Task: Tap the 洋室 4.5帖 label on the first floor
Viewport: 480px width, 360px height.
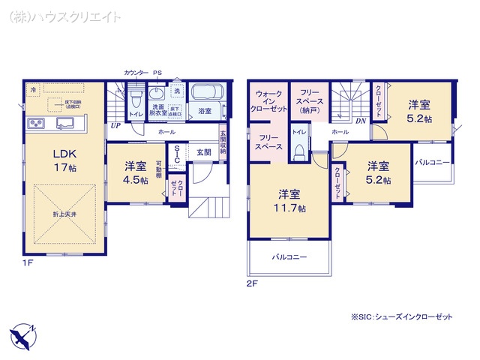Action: pos(135,172)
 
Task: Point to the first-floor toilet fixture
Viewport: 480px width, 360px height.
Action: pos(136,100)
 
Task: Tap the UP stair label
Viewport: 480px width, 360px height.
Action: pos(115,126)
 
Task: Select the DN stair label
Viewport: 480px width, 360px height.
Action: pos(360,121)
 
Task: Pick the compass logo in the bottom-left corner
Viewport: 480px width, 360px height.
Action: pos(22,331)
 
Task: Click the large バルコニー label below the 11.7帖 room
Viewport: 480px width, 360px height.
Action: pos(289,257)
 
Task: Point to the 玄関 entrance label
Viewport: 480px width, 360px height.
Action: pos(204,152)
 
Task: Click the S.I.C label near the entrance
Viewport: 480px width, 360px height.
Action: pos(175,154)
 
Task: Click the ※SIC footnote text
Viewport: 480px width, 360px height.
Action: pos(402,317)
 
